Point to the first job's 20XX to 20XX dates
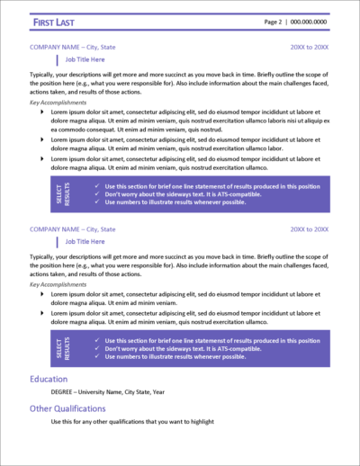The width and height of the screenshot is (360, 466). click(310, 45)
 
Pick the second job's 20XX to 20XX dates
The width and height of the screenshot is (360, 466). click(310, 229)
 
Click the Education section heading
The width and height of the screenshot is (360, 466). click(48, 379)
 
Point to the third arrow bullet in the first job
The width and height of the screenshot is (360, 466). click(44, 158)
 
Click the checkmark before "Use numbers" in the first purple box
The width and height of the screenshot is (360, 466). click(97, 203)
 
